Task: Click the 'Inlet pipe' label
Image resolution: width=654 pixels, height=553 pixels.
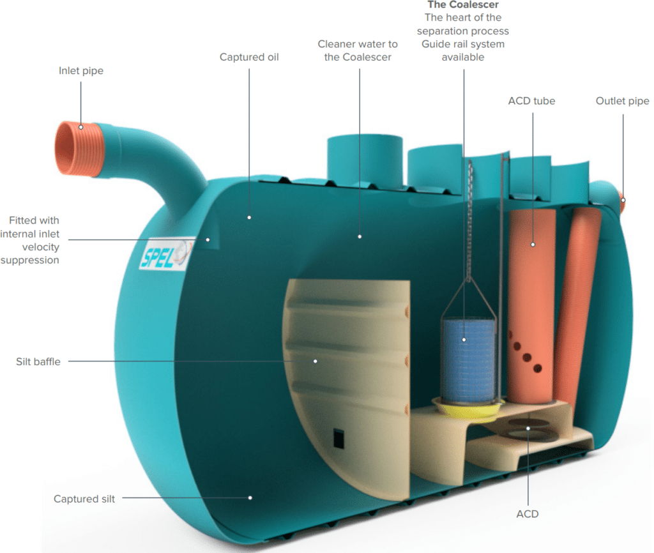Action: click(81, 71)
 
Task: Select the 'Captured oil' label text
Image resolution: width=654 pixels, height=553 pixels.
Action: click(249, 57)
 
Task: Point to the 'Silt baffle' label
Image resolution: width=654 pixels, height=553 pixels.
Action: click(38, 361)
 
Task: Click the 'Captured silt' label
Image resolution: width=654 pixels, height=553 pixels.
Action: click(84, 499)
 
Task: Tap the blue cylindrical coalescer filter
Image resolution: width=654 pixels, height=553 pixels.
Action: click(469, 358)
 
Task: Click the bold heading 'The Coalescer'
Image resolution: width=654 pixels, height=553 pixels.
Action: click(463, 5)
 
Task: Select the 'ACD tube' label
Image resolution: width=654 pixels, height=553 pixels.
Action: click(531, 101)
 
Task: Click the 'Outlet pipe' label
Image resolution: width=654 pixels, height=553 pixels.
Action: click(622, 101)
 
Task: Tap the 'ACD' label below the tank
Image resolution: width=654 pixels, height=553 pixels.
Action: click(528, 513)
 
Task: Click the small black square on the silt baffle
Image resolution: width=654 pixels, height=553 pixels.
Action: click(338, 438)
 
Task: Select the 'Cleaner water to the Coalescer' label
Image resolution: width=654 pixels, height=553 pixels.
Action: click(358, 50)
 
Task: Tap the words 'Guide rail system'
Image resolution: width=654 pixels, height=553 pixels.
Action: click(463, 44)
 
